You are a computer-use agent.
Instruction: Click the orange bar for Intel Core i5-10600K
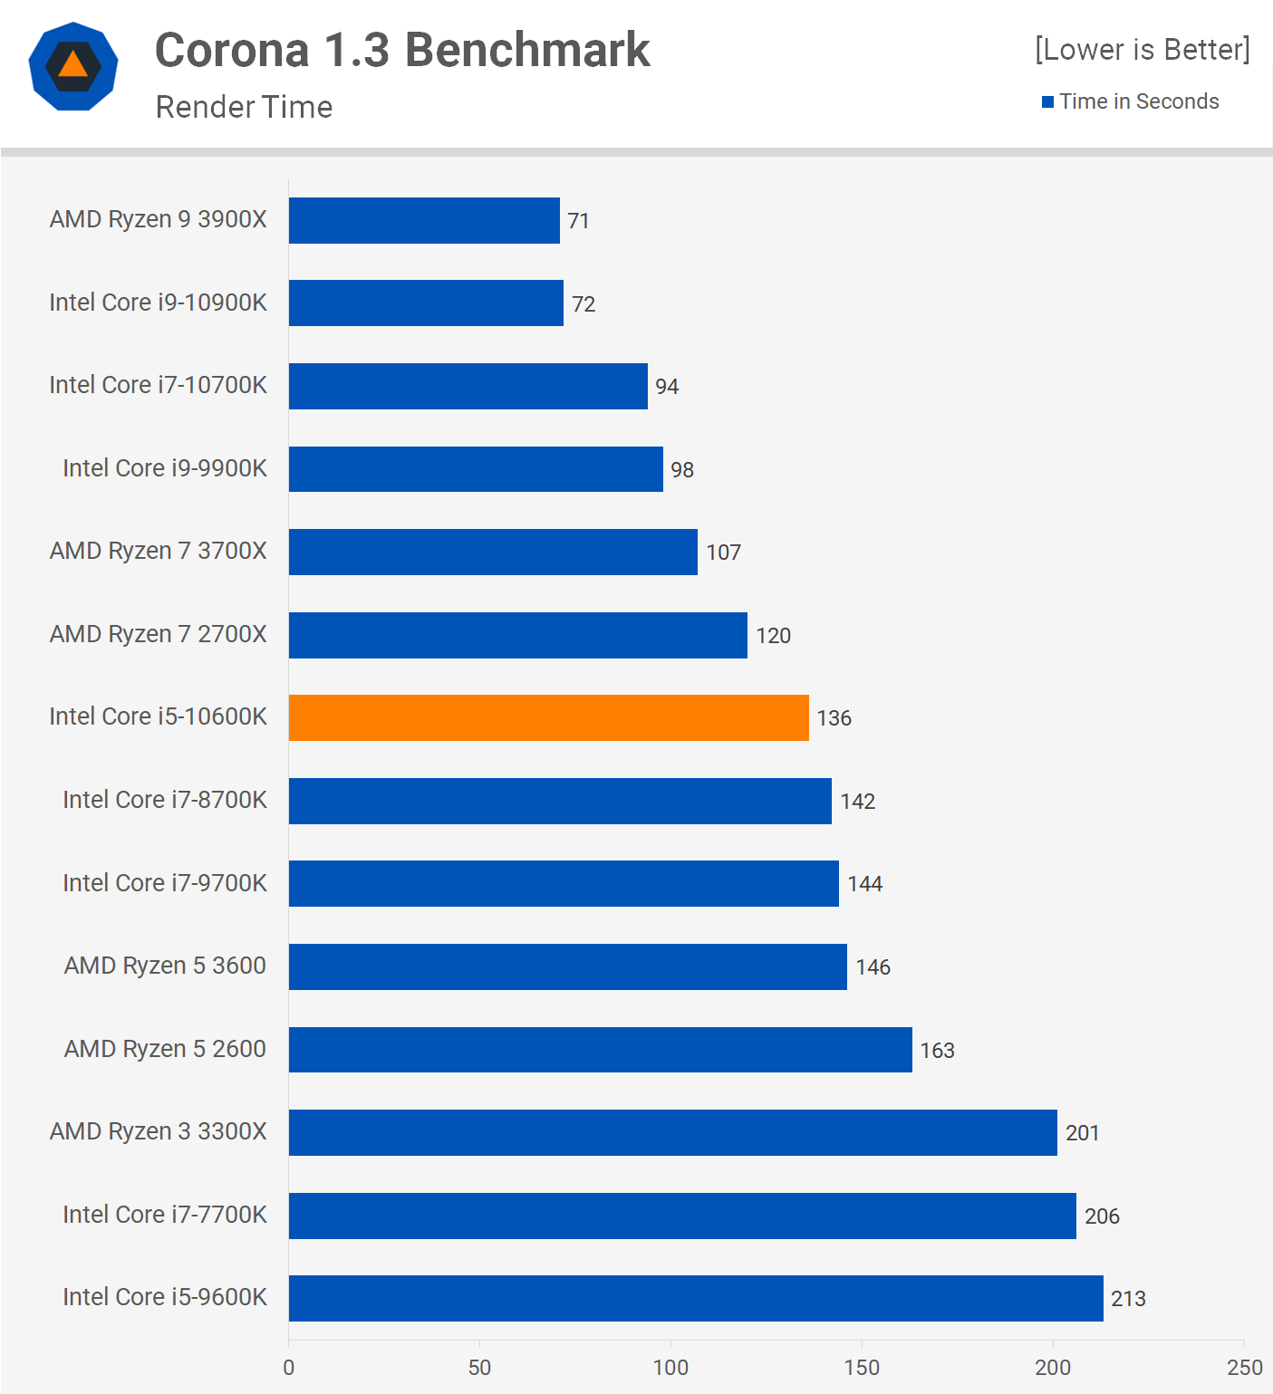pos(548,718)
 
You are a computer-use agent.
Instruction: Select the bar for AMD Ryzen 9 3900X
pos(424,221)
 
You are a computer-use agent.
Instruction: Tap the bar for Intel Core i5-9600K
pos(696,1299)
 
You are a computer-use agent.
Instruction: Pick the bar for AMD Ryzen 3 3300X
pos(672,1133)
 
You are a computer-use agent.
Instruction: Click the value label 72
pos(583,304)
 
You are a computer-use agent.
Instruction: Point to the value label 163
pos(937,1051)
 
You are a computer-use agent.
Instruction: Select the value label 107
pos(723,553)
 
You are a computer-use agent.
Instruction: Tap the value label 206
pos(1102,1216)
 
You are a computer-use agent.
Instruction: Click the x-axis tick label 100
pos(670,1368)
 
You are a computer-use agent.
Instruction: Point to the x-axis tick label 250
pos(1244,1368)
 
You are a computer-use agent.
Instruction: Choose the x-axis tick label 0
pos(289,1368)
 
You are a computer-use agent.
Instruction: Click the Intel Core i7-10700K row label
pos(159,385)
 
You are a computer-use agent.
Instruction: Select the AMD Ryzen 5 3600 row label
pos(165,966)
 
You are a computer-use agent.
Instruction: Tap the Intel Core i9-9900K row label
pos(165,468)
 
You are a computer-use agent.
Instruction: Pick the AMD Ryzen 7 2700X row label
pos(159,634)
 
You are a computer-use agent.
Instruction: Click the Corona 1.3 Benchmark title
pos(402,50)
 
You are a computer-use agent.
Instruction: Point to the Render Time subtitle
pos(244,107)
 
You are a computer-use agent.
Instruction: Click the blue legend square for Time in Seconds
pos(1047,102)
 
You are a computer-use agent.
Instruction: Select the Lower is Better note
pos(1142,50)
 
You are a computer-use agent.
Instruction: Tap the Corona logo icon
pos(73,66)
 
